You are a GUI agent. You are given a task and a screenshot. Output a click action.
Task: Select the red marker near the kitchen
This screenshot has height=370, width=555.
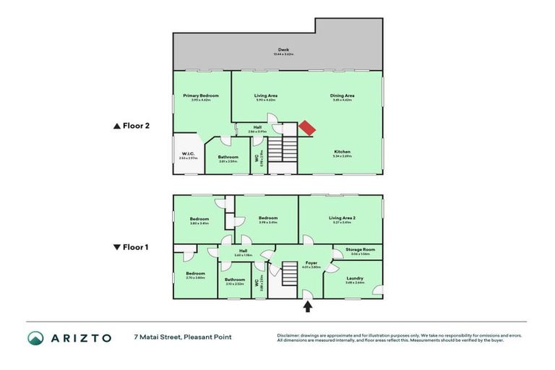[307, 128]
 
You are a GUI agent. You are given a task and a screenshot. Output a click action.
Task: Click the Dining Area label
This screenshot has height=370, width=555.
[342, 95]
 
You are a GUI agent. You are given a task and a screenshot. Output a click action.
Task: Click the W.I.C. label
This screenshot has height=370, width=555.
[188, 155]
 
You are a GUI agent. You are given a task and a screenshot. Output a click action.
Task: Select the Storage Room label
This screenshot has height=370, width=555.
[360, 250]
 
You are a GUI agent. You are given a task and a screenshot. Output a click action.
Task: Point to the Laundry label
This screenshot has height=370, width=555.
[354, 278]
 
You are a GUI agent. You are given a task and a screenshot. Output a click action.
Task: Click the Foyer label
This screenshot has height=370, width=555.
[311, 264]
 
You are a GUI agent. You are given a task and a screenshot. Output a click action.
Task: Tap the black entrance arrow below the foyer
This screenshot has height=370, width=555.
[307, 306]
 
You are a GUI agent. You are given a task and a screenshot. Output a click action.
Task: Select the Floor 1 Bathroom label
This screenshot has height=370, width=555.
[234, 280]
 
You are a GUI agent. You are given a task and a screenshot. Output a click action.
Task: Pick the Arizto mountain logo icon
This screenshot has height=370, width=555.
[36, 338]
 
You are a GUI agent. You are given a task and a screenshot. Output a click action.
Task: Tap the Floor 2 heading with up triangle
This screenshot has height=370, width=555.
[131, 125]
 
